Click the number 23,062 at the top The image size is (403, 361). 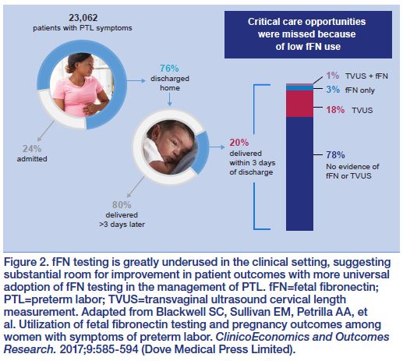point(83,18)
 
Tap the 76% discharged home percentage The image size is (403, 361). point(169,69)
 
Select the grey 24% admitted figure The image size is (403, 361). point(32,149)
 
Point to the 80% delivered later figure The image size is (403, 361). point(122,205)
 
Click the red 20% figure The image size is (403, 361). point(239,143)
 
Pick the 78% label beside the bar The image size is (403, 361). point(335,155)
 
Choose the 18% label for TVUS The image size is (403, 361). point(335,110)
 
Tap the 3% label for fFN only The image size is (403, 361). point(333,90)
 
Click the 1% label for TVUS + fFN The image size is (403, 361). point(333,76)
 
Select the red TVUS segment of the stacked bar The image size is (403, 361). point(299,104)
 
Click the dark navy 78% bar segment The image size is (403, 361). point(299,174)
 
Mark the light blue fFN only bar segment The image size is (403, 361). point(299,88)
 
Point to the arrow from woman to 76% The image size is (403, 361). point(136,81)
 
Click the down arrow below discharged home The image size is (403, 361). point(170,99)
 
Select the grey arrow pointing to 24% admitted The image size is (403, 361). point(45,131)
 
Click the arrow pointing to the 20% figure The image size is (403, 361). point(217,147)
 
